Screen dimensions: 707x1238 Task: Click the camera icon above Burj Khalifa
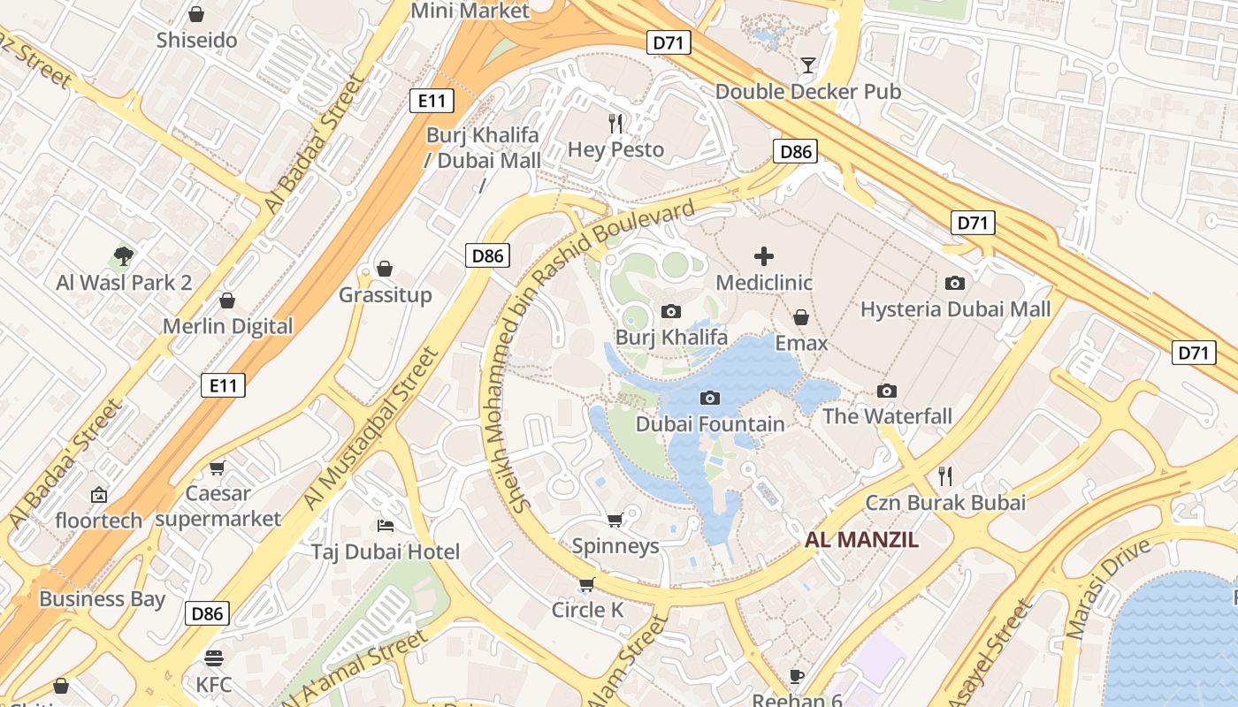pos(671,311)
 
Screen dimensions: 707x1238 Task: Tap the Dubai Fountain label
pos(710,424)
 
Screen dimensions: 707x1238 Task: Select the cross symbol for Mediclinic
pos(764,256)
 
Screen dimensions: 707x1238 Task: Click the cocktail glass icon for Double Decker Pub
pos(807,65)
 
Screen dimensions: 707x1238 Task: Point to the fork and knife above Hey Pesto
pos(615,124)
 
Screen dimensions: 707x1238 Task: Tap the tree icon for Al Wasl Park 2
pos(124,256)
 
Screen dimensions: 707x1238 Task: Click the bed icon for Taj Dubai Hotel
pos(385,526)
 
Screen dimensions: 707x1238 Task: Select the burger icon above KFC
pos(213,658)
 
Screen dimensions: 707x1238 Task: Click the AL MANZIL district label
pos(861,540)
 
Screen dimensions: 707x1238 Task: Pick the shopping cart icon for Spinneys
pos(615,520)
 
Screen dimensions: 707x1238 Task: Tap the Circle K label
pos(587,610)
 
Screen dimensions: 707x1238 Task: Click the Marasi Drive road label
pos(1109,587)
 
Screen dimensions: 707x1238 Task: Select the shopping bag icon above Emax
pos(801,316)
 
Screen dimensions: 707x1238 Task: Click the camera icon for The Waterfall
pos(887,391)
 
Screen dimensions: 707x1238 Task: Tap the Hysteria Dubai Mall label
pos(955,309)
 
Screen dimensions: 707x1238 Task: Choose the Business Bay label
pos(102,599)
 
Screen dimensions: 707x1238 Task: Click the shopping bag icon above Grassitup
pos(385,268)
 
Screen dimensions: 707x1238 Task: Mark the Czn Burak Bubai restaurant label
pos(944,503)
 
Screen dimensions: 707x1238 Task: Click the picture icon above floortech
pos(98,495)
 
